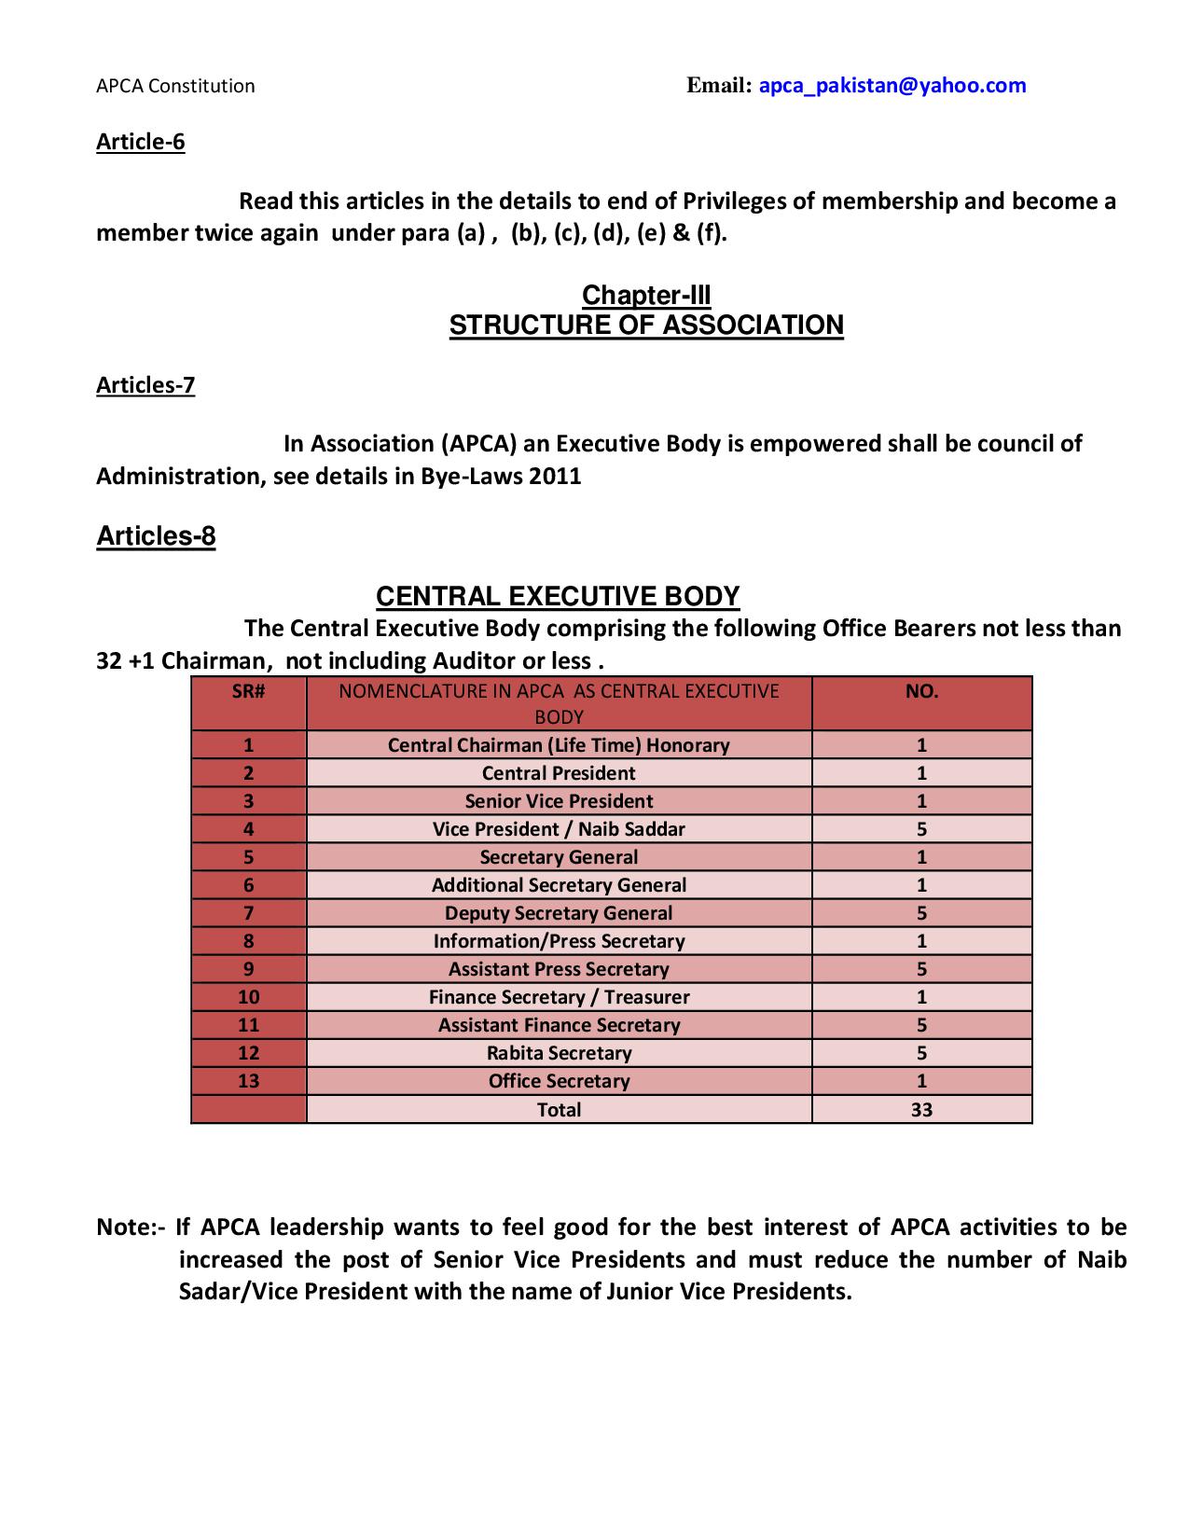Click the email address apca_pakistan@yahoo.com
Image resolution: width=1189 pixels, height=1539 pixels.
(x=892, y=86)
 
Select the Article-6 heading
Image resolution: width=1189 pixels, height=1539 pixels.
(x=141, y=142)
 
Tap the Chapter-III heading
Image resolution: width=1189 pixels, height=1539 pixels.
(x=646, y=295)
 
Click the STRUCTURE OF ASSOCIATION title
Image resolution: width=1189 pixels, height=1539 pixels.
(x=646, y=325)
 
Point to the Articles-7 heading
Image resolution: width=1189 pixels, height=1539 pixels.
(x=145, y=385)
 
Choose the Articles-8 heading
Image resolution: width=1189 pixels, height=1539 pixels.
(x=156, y=536)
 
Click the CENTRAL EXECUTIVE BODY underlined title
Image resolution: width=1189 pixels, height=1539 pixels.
(x=557, y=596)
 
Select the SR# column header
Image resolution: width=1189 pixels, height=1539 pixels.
(x=248, y=691)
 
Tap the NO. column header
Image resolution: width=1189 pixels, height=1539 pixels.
(x=921, y=691)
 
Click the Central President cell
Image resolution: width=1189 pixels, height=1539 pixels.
(x=559, y=773)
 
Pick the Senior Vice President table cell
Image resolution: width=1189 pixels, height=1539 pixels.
(x=559, y=801)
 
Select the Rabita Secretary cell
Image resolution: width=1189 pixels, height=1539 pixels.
(x=559, y=1053)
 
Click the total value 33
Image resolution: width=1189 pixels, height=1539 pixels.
(x=921, y=1110)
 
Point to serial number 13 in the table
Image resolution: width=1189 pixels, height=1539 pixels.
(x=248, y=1081)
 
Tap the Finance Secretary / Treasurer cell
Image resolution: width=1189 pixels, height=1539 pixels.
(x=559, y=997)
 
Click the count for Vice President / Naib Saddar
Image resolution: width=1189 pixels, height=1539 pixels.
(x=921, y=829)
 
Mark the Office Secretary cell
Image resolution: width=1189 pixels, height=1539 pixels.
(x=559, y=1081)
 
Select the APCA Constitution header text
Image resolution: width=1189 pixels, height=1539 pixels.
(x=175, y=86)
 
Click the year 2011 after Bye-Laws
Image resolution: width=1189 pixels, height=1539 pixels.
(x=555, y=477)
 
